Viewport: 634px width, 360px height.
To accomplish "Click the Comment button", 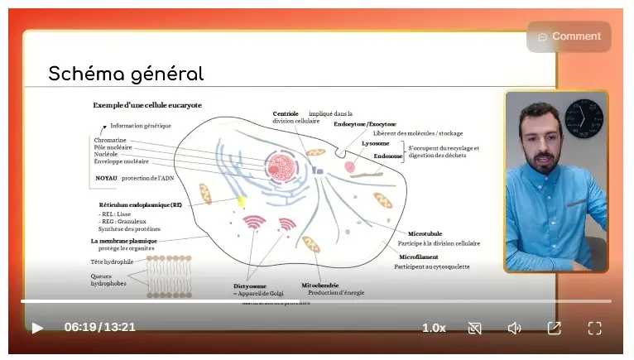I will click(569, 36).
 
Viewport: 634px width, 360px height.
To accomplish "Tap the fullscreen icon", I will click(594, 328).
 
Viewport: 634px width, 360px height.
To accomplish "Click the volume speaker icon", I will click(514, 328).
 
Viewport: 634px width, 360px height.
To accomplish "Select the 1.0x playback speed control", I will click(434, 328).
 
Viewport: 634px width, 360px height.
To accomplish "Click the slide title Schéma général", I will click(126, 74).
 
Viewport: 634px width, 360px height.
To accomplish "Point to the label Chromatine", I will click(110, 140).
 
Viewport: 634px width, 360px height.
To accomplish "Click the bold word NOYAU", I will click(106, 178).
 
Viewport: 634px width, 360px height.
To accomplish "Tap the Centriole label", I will click(286, 113).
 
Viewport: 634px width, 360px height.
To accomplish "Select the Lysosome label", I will click(375, 144).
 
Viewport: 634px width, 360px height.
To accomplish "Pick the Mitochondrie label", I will click(320, 285).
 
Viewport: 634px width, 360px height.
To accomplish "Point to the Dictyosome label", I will click(250, 286).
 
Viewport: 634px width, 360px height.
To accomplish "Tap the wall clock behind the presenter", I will click(584, 118).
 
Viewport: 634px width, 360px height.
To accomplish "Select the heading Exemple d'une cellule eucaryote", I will click(147, 105).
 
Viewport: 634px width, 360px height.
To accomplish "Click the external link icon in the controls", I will click(554, 328).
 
